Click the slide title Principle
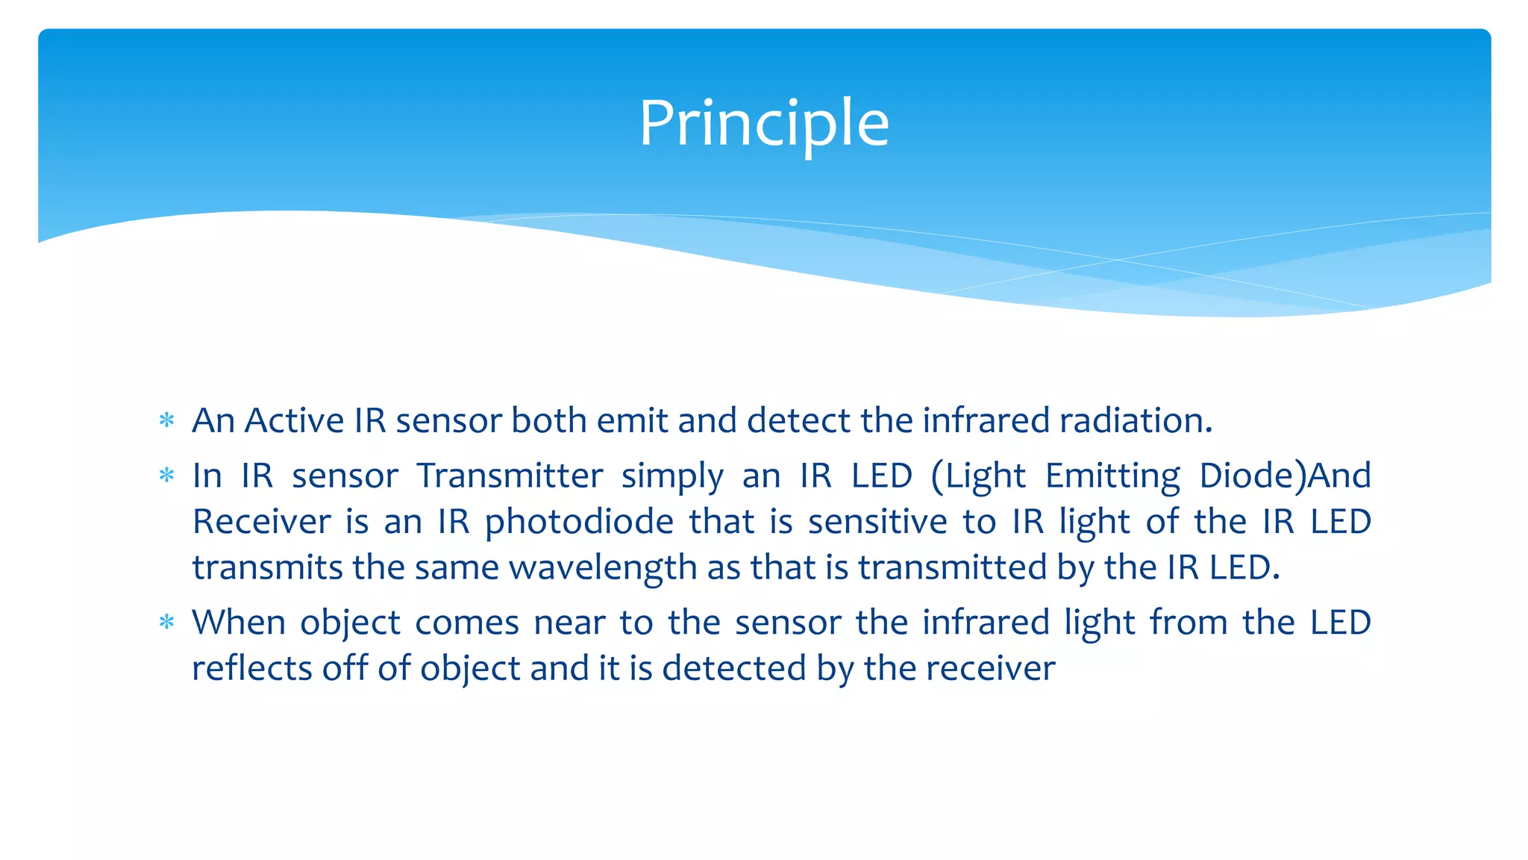[x=764, y=123]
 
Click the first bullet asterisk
[x=167, y=420]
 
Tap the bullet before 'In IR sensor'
[x=167, y=476]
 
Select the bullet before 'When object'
[x=167, y=622]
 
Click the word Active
[x=294, y=420]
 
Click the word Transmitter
[x=510, y=476]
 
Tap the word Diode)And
[x=1285, y=476]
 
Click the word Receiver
[x=261, y=521]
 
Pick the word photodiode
[x=579, y=523]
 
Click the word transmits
[x=269, y=568]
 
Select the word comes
[x=466, y=623]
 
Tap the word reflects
[x=251, y=667]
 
